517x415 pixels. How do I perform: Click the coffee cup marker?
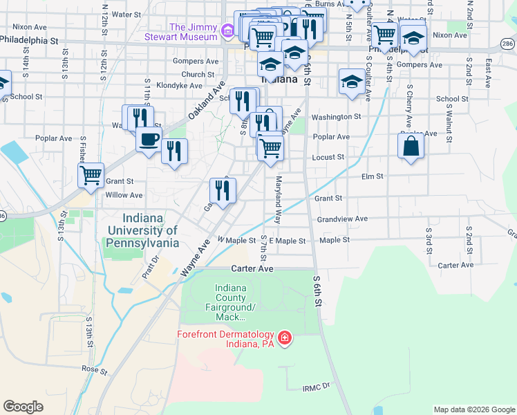click(149, 140)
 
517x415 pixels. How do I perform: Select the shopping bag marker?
click(411, 146)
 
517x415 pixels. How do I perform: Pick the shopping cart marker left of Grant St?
click(91, 176)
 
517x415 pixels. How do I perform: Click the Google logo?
click(23, 407)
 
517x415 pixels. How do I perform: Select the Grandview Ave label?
click(340, 219)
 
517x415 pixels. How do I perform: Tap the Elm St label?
click(372, 177)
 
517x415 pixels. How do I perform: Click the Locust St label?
click(328, 158)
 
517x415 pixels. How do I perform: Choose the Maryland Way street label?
click(279, 201)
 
